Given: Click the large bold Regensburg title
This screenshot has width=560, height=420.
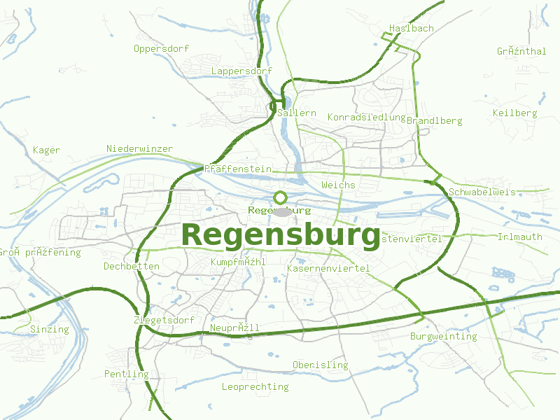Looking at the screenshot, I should (x=281, y=235).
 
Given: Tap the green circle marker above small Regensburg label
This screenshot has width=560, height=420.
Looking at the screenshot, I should (x=281, y=197).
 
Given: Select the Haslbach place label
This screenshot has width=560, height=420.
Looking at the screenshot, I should (x=412, y=29).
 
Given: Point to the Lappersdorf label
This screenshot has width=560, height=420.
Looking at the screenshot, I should (x=241, y=71).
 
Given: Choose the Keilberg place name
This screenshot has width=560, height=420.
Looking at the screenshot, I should (x=514, y=113).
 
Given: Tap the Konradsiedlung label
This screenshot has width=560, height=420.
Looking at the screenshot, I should (x=367, y=117).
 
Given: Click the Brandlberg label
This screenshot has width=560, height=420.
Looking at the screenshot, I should (x=434, y=120).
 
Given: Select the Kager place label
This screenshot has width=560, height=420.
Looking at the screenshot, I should (x=47, y=150).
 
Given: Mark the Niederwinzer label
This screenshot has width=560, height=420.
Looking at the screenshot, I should (x=140, y=148).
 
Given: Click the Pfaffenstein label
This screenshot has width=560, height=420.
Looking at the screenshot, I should (x=238, y=169).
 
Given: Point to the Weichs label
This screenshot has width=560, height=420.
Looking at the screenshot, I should (x=338, y=185).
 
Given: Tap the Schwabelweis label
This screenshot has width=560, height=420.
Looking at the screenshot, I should (x=482, y=192).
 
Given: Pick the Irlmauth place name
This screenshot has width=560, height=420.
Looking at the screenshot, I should (x=519, y=237).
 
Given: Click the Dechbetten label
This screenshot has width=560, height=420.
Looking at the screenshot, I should (x=132, y=266).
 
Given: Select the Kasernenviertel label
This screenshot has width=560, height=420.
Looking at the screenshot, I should (x=328, y=268).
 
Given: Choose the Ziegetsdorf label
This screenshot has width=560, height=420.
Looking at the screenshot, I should (x=164, y=320).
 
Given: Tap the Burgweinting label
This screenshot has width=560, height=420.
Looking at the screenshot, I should (x=443, y=336).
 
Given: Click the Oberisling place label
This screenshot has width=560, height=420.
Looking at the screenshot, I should (x=320, y=365).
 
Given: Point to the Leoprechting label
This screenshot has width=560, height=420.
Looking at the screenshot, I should (x=255, y=386).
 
